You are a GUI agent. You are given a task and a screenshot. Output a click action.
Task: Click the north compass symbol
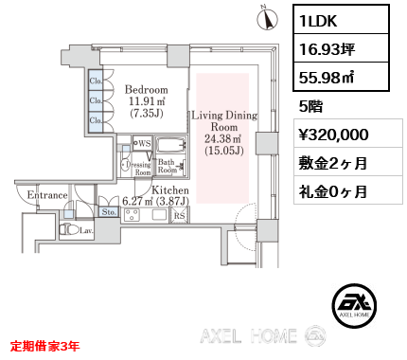268,18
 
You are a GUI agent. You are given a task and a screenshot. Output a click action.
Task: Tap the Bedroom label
147,89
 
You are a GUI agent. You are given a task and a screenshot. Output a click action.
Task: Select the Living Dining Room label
224,121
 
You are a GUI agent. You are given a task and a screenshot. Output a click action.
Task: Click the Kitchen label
170,190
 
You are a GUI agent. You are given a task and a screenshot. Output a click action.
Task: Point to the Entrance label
47,195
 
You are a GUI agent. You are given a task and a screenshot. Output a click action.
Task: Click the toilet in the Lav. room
70,229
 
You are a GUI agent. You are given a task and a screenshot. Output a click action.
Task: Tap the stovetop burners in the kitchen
131,215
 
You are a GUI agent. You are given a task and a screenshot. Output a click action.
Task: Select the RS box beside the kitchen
180,215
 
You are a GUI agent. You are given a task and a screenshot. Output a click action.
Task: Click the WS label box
142,143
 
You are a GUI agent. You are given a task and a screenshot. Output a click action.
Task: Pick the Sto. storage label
109,212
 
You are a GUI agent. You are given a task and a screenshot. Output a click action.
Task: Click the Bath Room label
167,166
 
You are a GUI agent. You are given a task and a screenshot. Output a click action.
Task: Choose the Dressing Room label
138,169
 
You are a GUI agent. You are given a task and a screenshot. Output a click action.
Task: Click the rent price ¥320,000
333,135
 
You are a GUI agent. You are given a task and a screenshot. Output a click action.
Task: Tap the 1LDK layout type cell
341,20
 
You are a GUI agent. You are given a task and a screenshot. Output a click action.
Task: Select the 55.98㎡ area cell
341,77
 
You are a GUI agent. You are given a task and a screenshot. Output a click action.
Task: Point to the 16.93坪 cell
341,48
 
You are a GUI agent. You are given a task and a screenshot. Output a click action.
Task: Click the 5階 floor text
310,106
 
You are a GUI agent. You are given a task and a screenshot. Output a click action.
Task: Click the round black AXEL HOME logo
354,305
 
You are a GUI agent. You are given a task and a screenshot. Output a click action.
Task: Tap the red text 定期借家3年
44,346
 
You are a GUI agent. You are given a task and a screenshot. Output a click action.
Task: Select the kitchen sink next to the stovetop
159,215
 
